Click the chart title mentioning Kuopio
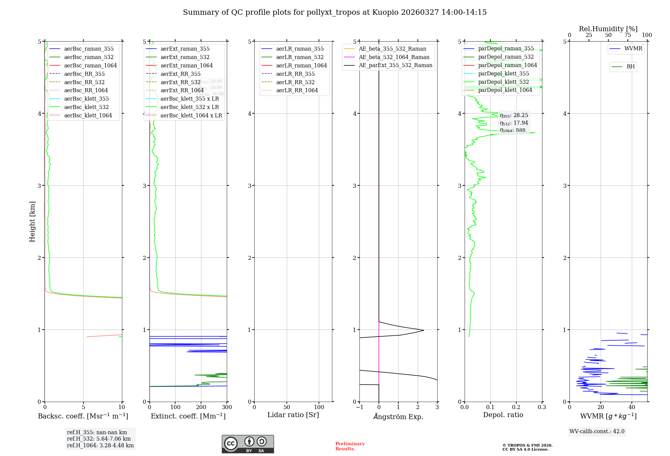click(x=335, y=12)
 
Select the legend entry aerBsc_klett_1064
click(x=88, y=115)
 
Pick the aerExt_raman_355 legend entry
click(x=185, y=49)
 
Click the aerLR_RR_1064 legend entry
click(x=297, y=91)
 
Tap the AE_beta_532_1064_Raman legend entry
click(x=394, y=57)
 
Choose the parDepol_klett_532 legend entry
click(x=503, y=82)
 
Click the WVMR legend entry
click(x=633, y=49)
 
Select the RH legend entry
click(x=630, y=67)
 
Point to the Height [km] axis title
click(x=32, y=221)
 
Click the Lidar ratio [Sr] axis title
click(x=293, y=415)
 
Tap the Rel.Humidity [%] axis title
click(x=608, y=29)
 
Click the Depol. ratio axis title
click(x=503, y=415)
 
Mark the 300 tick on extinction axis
click(x=227, y=407)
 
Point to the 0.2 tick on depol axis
click(x=516, y=407)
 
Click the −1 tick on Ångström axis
click(x=359, y=407)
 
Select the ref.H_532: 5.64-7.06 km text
click(x=99, y=439)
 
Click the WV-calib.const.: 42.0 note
click(x=597, y=432)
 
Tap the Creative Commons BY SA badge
click(x=248, y=444)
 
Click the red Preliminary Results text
click(x=350, y=446)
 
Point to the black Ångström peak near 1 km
click(x=423, y=330)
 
